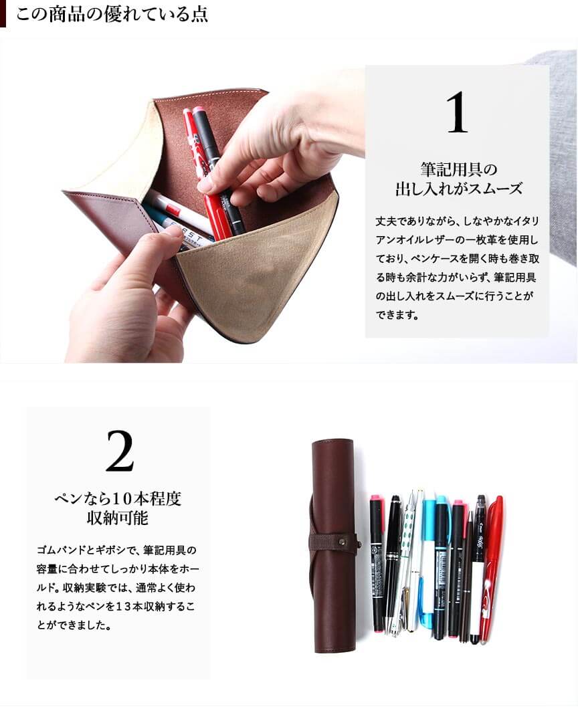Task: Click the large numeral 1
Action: click(x=457, y=112)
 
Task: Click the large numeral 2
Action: click(x=120, y=451)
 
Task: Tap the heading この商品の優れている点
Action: click(x=112, y=14)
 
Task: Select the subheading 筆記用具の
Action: click(x=458, y=169)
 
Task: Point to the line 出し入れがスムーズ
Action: click(x=458, y=189)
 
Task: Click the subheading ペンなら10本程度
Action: click(x=118, y=498)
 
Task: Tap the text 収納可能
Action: click(x=118, y=518)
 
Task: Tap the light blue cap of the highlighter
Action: click(x=441, y=506)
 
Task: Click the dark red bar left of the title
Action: click(x=3, y=14)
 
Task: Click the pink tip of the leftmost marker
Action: click(x=376, y=498)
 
